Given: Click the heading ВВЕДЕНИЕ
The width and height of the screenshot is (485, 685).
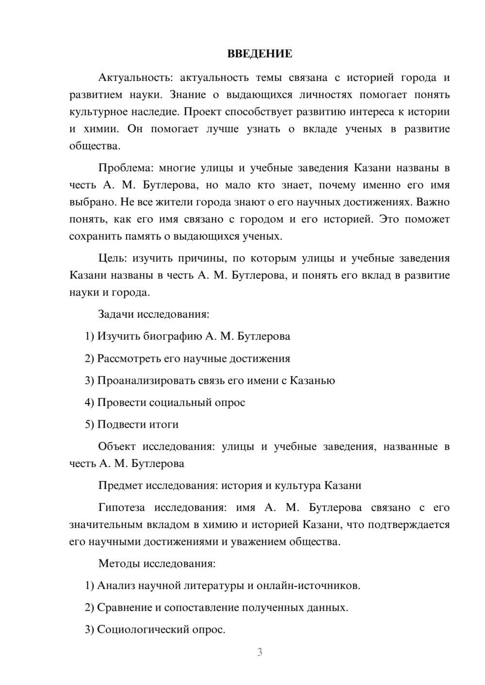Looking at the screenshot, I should tap(259, 54).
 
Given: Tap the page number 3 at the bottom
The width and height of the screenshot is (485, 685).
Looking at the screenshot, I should tap(259, 652).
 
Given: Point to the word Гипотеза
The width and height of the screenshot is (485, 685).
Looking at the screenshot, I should tap(121, 508).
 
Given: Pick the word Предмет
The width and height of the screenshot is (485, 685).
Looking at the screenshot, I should tap(120, 485).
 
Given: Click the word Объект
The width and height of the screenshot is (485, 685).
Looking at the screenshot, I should tap(117, 447).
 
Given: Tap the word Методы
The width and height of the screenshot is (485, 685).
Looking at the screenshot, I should tap(117, 563).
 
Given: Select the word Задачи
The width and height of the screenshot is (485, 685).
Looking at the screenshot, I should tap(116, 314).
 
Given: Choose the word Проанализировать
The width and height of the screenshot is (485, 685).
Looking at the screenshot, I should tap(146, 380).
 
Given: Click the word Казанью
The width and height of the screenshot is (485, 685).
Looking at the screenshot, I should tap(312, 380).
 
